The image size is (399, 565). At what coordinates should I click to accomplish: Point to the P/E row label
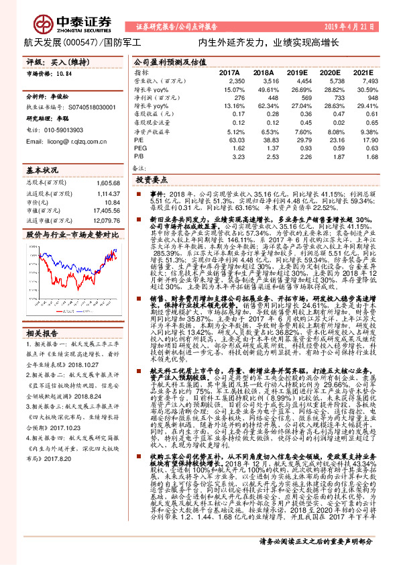[x=139, y=140]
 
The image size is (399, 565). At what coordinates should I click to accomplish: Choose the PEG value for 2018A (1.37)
[x=265, y=148]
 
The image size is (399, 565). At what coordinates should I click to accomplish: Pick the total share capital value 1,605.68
[x=107, y=182]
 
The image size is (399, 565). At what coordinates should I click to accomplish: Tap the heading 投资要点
[x=150, y=181]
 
